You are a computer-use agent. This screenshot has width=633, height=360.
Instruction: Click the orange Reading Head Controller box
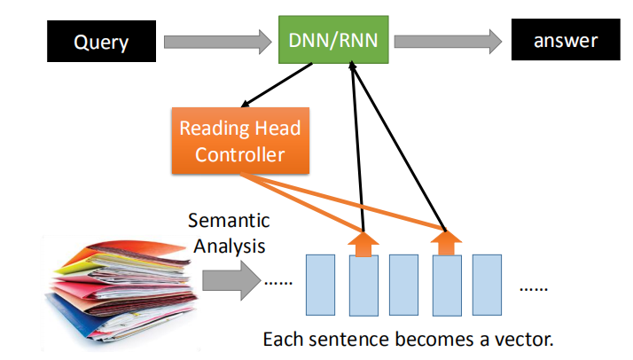click(x=239, y=140)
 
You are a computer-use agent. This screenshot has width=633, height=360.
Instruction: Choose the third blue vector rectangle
click(x=403, y=286)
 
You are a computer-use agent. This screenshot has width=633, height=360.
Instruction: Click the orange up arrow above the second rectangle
click(x=362, y=241)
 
